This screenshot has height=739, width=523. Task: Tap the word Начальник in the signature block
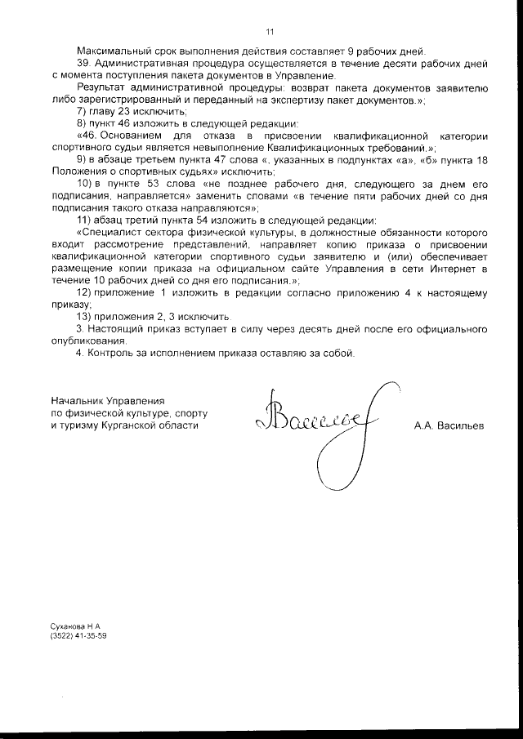(78, 402)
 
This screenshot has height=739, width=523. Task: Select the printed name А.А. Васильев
(449, 426)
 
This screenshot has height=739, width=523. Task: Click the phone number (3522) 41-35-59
(78, 635)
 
